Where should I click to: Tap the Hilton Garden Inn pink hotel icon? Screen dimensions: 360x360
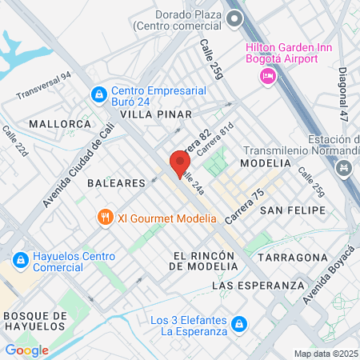267,75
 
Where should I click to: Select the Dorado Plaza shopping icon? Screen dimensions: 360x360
234,22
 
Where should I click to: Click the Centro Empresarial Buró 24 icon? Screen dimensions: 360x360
98,94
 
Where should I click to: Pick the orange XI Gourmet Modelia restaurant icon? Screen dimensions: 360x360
104,217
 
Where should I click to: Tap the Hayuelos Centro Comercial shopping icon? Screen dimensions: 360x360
20,261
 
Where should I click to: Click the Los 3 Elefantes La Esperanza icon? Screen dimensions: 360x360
238,325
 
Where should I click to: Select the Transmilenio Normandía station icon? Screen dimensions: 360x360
344,167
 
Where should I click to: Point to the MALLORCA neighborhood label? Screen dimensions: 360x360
60,124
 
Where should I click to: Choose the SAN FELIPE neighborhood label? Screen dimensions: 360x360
293,210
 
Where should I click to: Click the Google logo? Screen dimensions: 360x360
26,350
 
